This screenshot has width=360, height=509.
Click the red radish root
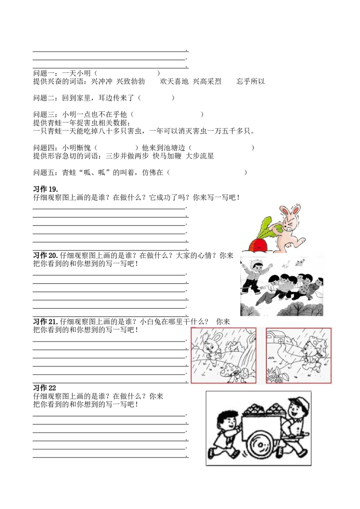tap(258, 245)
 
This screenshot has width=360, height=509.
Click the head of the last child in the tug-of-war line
tap(319, 282)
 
